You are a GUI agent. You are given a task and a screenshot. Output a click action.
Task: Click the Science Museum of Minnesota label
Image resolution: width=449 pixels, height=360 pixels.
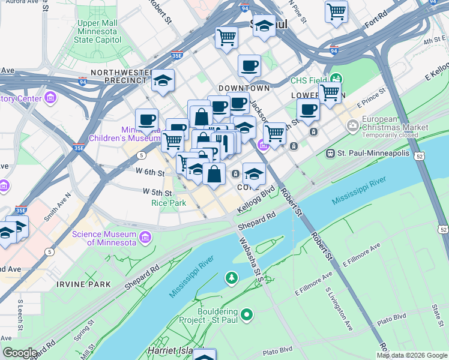click(x=104, y=238)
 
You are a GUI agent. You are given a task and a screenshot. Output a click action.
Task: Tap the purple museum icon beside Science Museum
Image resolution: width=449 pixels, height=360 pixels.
click(x=144, y=238)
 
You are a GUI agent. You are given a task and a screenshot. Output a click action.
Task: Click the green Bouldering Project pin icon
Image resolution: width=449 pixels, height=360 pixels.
click(x=246, y=314)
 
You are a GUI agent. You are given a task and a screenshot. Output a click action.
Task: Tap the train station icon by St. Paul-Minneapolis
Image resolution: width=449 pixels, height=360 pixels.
click(x=330, y=154)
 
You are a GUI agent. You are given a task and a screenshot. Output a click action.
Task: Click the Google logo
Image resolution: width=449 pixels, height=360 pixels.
click(x=20, y=353)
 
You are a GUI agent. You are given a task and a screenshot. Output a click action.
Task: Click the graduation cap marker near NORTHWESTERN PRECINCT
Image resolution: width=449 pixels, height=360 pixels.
click(x=162, y=80)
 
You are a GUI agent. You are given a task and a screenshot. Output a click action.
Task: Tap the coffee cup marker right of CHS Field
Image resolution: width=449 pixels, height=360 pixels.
click(x=308, y=110)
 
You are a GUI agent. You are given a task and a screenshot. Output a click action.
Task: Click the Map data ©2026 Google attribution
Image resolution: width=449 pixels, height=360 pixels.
click(x=412, y=355)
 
